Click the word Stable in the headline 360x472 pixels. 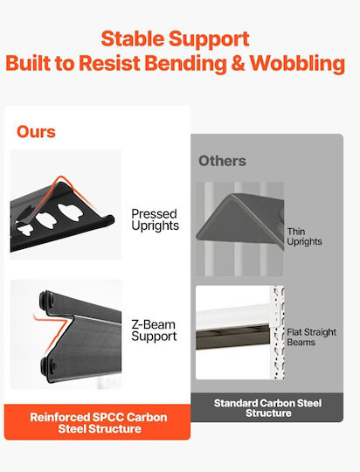132,39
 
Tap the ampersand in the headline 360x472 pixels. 239,64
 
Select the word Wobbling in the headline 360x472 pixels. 297,64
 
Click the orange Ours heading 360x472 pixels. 36,132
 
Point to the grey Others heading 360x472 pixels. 222,161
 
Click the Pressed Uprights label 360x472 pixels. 155,219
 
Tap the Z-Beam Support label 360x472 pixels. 154,330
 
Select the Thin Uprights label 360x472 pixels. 304,236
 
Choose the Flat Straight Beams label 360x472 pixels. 311,337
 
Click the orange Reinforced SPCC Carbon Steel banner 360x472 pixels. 97,422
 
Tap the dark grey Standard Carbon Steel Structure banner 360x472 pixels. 267,407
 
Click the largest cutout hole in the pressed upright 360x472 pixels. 71,212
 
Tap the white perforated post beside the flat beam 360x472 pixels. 279,332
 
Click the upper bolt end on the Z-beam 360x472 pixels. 46,300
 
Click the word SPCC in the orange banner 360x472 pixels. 107,417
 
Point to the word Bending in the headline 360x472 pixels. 186,64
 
